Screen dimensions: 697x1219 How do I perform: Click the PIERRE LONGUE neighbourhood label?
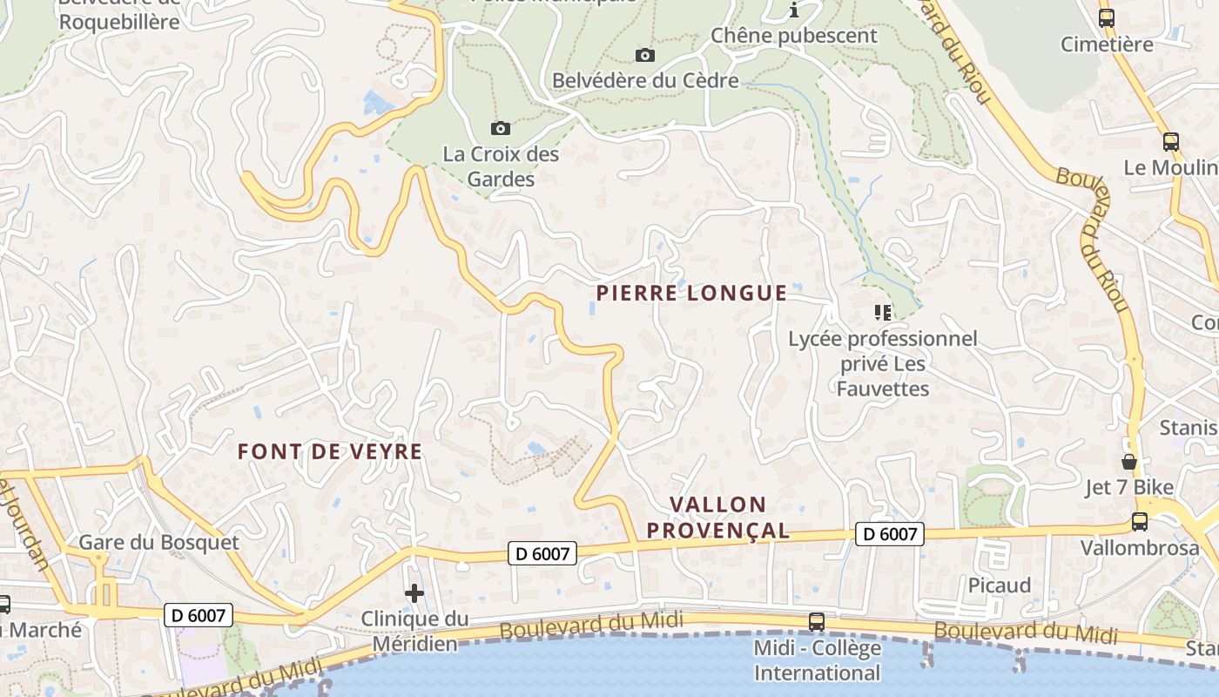691,293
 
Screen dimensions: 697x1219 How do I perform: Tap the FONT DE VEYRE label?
330,451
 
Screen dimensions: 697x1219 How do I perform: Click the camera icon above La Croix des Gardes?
501,129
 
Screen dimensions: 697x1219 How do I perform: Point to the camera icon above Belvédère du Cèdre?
644,56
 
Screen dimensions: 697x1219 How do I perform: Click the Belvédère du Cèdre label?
645,81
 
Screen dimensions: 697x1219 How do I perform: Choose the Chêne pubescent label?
794,36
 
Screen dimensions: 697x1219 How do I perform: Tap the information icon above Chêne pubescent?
794,10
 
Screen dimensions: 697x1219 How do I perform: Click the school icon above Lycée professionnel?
883,312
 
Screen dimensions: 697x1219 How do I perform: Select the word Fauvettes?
883,389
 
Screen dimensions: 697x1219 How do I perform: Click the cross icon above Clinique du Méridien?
414,594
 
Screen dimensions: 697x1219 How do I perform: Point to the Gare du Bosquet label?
158,542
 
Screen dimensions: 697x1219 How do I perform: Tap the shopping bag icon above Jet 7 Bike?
1129,462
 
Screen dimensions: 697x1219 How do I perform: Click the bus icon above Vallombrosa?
1139,522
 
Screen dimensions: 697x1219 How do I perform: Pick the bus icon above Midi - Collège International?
817,622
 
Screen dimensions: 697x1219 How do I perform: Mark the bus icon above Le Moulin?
1171,142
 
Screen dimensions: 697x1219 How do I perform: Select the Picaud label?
1000,585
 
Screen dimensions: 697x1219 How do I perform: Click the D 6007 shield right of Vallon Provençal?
889,534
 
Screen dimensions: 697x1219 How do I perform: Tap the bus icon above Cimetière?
1107,17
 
